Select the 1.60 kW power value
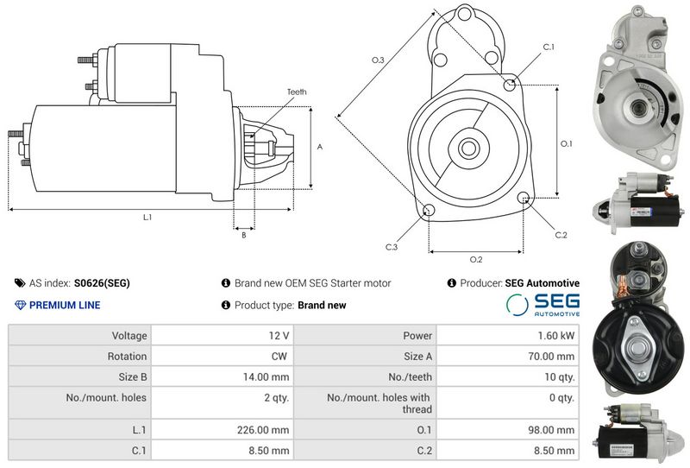(555, 335)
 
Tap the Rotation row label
(129, 356)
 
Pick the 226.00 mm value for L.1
(264, 429)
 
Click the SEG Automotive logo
(543, 305)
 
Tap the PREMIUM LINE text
(65, 305)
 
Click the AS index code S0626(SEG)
(102, 282)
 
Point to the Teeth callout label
(297, 92)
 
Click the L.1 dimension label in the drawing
(147, 217)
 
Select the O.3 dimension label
(378, 60)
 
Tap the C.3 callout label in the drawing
(391, 247)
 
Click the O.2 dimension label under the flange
(475, 259)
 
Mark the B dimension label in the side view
(243, 234)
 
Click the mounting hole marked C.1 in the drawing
(512, 85)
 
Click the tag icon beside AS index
(20, 282)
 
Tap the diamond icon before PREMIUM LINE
(21, 305)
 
